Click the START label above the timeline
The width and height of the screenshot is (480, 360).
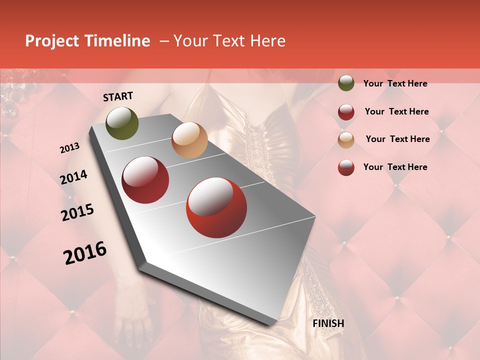tap(118, 96)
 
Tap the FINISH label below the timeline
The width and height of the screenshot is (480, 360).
tap(328, 323)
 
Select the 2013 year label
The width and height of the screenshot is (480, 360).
tap(70, 148)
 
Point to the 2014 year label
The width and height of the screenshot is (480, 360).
tap(74, 177)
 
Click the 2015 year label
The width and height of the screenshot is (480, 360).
tap(77, 212)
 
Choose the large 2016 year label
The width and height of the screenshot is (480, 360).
tap(85, 252)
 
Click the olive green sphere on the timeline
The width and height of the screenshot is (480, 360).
tap(122, 123)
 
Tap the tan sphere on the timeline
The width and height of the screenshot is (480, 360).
tap(189, 140)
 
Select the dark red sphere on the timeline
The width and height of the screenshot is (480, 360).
tap(145, 180)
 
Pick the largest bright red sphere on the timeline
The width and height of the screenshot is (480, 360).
tap(216, 207)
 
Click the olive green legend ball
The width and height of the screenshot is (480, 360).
tap(346, 83)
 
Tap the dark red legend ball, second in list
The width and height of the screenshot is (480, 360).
tap(346, 112)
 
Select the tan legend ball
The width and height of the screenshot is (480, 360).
tap(346, 140)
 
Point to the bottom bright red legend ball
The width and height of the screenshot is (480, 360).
tap(346, 167)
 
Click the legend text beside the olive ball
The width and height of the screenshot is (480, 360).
tap(395, 84)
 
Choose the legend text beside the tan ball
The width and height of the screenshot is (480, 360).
tap(397, 139)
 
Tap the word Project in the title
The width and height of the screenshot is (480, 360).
tap(52, 41)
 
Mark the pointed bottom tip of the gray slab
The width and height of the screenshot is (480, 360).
tap(273, 324)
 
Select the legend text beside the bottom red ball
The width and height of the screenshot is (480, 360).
tap(395, 167)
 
